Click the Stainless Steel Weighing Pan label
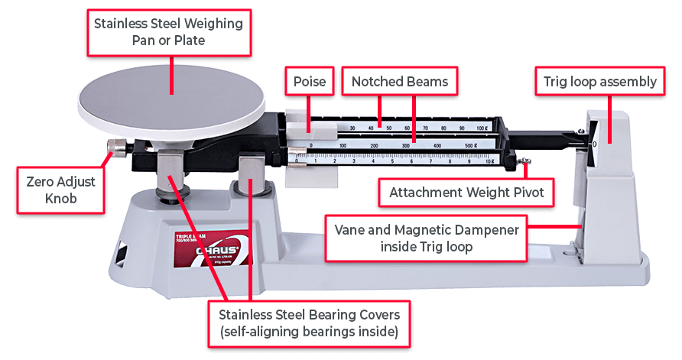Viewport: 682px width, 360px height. click(x=168, y=32)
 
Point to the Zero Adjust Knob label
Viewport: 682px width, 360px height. click(x=60, y=190)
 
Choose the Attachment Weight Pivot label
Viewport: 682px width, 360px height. click(x=466, y=192)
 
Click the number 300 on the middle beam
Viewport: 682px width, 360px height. click(x=405, y=144)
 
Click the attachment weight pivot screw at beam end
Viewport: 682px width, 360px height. click(x=524, y=161)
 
